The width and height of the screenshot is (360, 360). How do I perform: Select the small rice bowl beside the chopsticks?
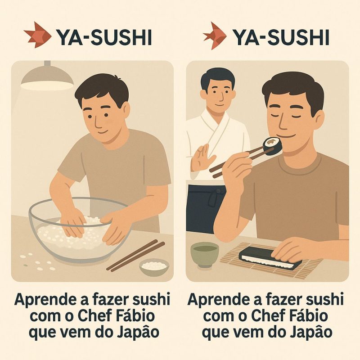coord(154,266)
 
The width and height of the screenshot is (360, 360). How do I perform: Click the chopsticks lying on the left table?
coord(136,255)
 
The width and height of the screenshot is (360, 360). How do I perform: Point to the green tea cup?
coord(205,255)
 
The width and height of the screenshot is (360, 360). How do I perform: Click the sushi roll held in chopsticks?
coord(272,146)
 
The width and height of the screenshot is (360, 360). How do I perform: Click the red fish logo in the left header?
coord(37,35)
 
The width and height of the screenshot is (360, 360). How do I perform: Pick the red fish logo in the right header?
coord(214,36)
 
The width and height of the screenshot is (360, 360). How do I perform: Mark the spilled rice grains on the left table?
coord(37,262)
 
